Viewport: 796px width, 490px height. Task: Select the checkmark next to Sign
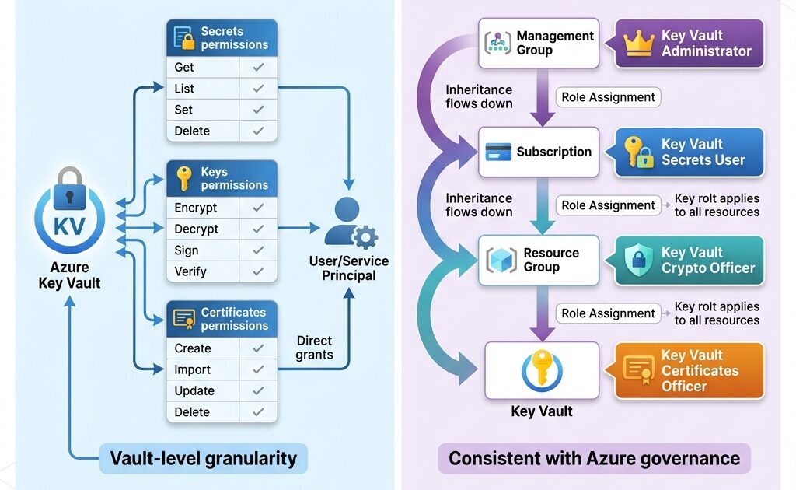[259, 250]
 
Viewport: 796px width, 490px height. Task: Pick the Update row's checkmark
[259, 390]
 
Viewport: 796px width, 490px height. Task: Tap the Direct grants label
[315, 348]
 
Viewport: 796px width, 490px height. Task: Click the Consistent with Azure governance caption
[595, 458]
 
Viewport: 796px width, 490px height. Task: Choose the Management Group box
[542, 43]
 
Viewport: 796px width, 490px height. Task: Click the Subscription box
[542, 152]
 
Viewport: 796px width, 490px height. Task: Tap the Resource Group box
[542, 261]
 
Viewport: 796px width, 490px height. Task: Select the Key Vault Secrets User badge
[690, 152]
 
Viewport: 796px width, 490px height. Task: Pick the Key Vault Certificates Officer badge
[690, 371]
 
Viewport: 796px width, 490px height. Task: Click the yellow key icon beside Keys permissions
[184, 178]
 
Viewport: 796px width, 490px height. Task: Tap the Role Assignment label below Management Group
[608, 97]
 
